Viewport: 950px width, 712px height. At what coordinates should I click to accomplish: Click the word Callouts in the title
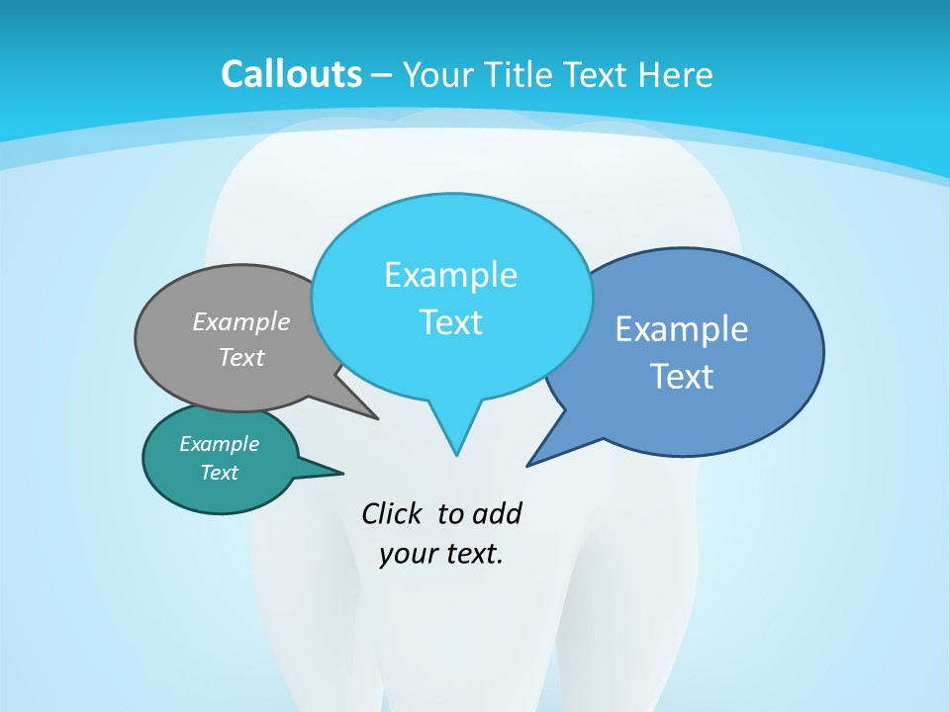tap(291, 74)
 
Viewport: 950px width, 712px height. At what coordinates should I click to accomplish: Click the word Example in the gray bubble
tap(241, 322)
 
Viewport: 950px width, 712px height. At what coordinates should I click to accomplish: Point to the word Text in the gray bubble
tap(241, 358)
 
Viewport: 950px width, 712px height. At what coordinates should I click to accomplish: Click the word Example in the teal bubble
tap(219, 444)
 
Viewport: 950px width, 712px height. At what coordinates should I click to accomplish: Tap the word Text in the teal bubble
tap(219, 473)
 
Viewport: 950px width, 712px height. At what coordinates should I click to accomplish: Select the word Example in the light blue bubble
tap(450, 275)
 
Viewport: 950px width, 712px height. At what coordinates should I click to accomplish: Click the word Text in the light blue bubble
tap(450, 322)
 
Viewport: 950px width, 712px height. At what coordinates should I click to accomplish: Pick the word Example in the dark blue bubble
tap(682, 329)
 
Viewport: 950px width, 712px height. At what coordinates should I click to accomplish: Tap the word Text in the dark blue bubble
tap(682, 377)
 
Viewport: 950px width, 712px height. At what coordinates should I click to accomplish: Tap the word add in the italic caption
tap(497, 514)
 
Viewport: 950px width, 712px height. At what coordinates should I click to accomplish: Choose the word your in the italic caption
tap(406, 554)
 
